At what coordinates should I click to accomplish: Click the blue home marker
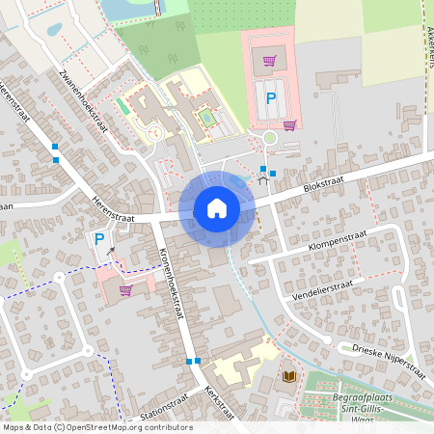[x=217, y=208]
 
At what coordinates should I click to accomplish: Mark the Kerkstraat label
[x=220, y=402]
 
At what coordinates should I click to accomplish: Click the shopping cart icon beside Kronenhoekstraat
[x=125, y=289]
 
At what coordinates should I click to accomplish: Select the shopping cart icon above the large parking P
[x=271, y=60]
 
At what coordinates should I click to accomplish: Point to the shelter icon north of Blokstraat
[x=262, y=176]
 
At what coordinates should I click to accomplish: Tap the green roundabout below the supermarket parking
[x=270, y=138]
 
